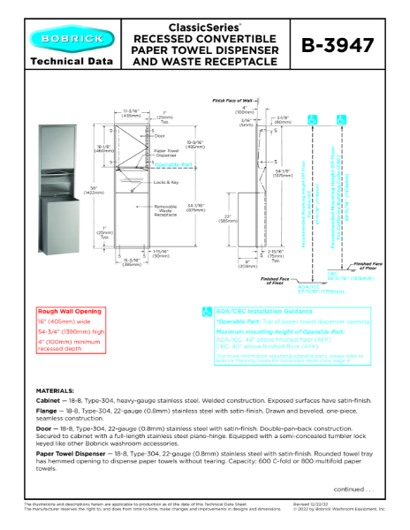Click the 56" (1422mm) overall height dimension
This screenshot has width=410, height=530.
(88, 192)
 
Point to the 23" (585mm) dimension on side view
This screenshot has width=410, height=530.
(225, 218)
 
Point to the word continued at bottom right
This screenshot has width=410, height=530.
(353, 488)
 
